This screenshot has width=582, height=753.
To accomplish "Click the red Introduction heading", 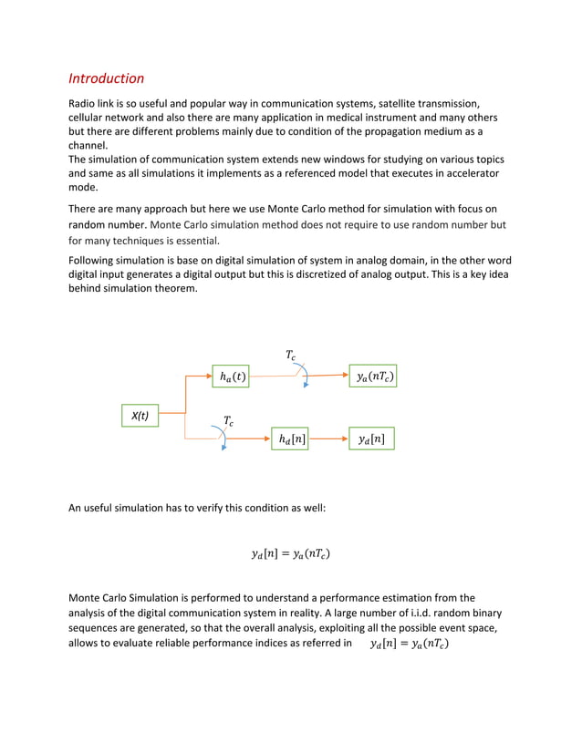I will (x=107, y=78).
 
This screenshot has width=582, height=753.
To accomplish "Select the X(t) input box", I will (x=140, y=416).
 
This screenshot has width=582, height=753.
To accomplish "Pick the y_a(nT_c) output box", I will (x=374, y=375).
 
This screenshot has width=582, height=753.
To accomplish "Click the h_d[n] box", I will (x=290, y=439).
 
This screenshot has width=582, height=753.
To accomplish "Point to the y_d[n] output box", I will (x=371, y=439).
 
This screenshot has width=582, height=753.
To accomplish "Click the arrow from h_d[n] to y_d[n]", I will (x=328, y=439).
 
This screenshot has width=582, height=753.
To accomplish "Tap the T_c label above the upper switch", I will (x=291, y=355).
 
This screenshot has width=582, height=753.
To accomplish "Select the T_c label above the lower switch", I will (x=228, y=420).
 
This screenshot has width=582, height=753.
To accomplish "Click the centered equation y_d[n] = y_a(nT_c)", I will (x=290, y=552).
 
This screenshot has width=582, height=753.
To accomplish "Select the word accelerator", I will (x=463, y=173).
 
